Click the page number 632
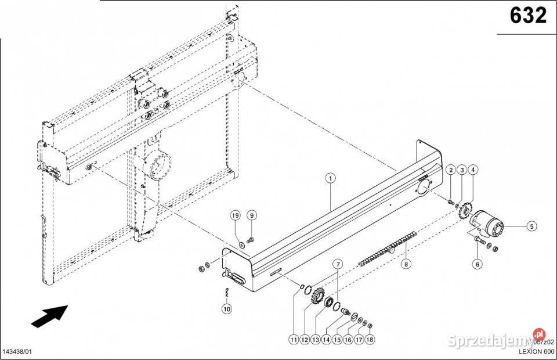(x=528, y=16)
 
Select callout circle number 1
(x=330, y=178)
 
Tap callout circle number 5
(x=531, y=227)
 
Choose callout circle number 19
(x=236, y=215)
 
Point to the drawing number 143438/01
(x=17, y=352)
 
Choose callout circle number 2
(x=450, y=170)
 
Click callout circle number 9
(x=251, y=215)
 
